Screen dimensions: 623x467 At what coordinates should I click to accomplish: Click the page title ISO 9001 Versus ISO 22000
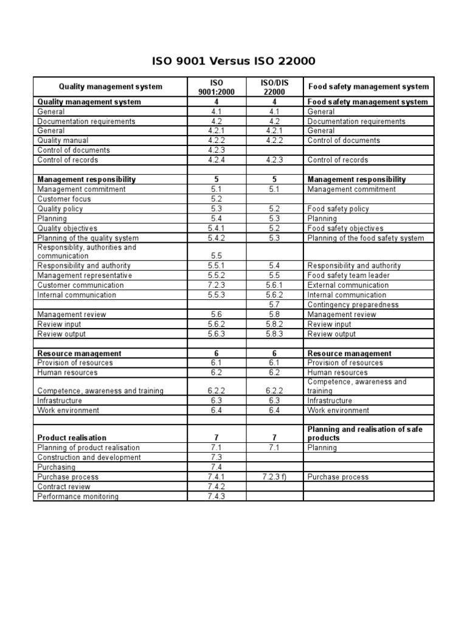pos(233,61)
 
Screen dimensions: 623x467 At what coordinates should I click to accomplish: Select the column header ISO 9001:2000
pos(217,86)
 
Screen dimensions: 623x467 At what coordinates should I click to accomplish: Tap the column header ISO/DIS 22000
pos(274,86)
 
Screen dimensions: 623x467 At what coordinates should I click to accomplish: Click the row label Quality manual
pos(63,141)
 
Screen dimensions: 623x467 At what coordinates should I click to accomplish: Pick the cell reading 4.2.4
pos(217,160)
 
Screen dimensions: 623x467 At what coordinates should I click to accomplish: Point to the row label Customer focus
pos(64,199)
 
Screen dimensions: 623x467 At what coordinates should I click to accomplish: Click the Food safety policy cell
pos(338,209)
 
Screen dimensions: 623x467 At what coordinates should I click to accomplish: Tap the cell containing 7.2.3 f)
pos(274,477)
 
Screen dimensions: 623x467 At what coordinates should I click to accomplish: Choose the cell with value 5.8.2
pos(274,324)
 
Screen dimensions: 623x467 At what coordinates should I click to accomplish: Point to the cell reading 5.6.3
pos(217,334)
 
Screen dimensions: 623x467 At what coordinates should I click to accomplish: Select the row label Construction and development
pos(89,458)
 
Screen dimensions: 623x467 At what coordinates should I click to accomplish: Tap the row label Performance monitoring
pos(78,496)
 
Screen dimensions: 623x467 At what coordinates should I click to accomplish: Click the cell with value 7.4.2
pos(217,487)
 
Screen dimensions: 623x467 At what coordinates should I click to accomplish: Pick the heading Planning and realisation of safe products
pos(365,433)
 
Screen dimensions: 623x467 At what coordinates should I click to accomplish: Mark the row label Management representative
pos(85,276)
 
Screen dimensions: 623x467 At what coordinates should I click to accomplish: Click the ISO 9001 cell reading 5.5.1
pos(217,266)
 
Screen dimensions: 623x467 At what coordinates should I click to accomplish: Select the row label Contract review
pos(64,487)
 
